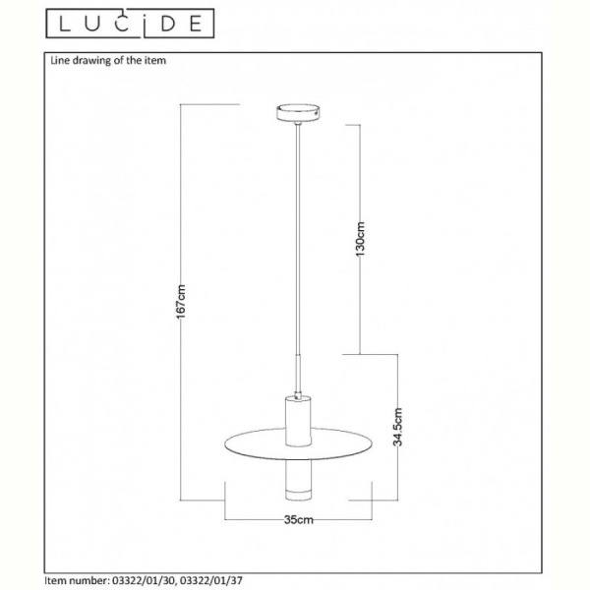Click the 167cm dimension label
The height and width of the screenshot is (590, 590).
click(x=181, y=302)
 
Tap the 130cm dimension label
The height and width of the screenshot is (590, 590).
click(x=360, y=239)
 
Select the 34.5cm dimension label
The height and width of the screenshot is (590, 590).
click(x=397, y=427)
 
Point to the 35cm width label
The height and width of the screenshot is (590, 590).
click(x=298, y=519)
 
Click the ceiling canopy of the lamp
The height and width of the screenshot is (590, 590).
click(x=298, y=113)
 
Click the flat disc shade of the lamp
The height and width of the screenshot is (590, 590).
click(x=298, y=443)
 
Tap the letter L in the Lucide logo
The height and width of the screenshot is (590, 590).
click(x=65, y=24)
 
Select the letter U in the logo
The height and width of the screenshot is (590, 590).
click(x=93, y=24)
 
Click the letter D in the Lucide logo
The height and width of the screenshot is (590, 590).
click(x=167, y=24)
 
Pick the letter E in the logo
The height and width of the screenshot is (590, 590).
click(x=196, y=24)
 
